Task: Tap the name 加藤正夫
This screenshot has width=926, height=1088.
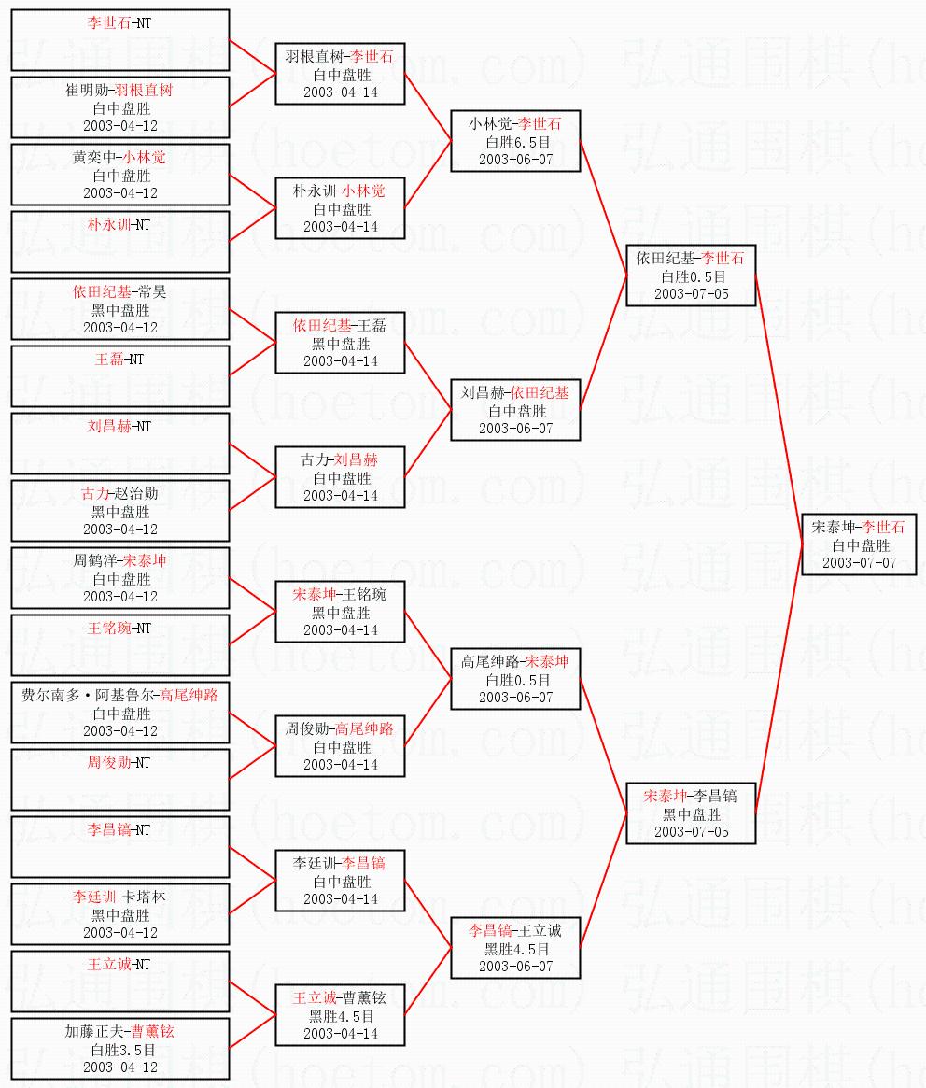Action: pos(96,1032)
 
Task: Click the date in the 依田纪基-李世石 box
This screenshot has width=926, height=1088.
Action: pos(691,294)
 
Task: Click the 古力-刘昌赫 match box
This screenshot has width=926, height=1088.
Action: pos(340,477)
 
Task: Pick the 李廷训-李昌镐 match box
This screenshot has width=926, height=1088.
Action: pos(340,881)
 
